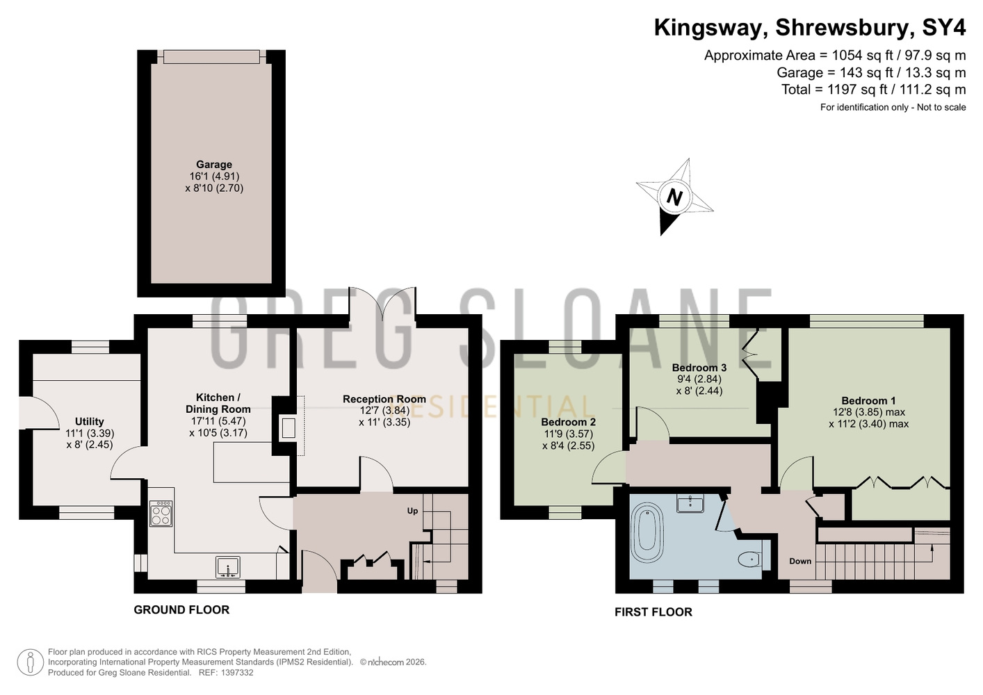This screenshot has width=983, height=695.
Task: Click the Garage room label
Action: point(214,165)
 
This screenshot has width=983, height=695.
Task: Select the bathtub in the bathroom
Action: point(647,535)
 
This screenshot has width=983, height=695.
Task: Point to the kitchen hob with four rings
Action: point(161,514)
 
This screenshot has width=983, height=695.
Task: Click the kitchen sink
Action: point(228,567)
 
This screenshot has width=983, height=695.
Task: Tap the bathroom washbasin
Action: point(690,503)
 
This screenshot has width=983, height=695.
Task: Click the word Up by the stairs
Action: point(412,511)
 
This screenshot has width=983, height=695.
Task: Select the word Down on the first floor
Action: point(800,561)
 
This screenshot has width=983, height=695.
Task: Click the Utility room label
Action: point(90,422)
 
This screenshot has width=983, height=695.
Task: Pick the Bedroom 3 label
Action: point(699,367)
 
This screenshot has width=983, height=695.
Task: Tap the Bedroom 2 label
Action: point(568,422)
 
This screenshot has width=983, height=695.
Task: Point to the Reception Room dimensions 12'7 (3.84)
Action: point(384,411)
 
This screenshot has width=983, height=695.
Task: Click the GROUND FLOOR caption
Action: point(181,610)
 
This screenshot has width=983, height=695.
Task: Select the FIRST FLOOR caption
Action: point(653,612)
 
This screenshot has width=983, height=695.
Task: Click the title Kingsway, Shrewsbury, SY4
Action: point(810,28)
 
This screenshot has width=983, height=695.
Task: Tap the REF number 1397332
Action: point(238,673)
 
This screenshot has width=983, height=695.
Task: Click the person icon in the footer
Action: point(30,662)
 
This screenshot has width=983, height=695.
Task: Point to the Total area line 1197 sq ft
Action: point(873,90)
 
